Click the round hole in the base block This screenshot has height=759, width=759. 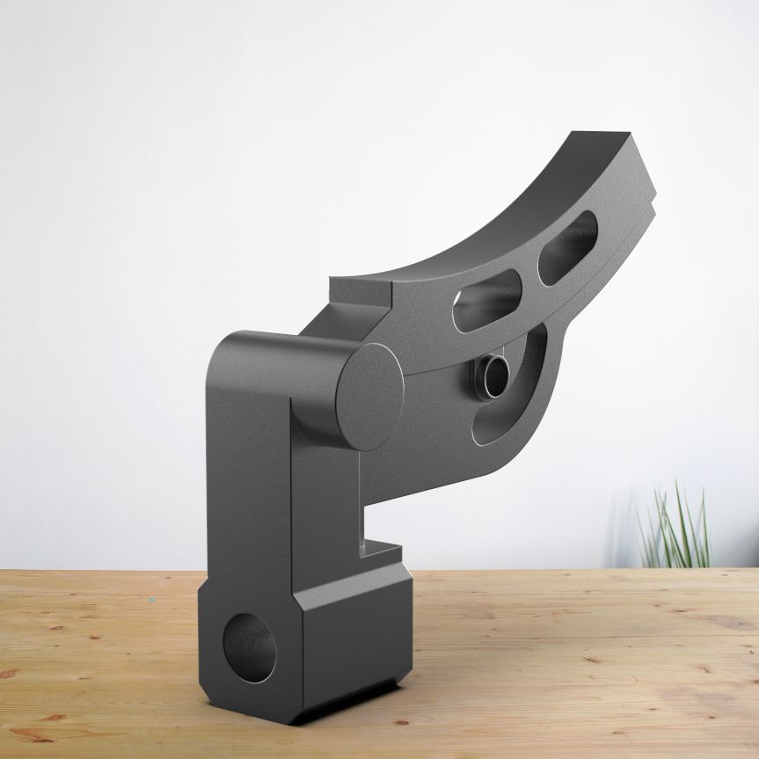point(248,648)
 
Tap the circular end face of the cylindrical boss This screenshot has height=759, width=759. point(370,395)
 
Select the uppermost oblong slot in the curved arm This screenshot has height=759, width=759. point(567,248)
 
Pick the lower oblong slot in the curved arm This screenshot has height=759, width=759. point(485,303)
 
